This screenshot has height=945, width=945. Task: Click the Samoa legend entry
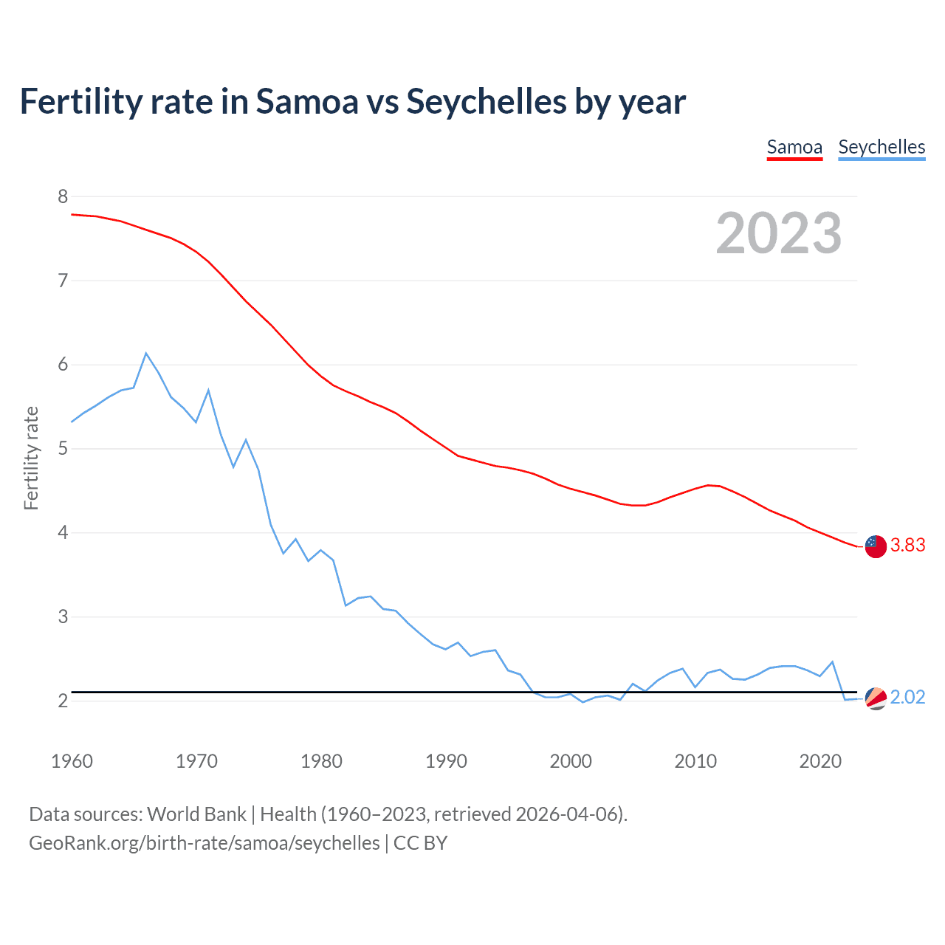(x=794, y=147)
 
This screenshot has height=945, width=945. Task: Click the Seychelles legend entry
(x=882, y=147)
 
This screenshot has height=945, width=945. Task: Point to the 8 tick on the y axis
(x=63, y=196)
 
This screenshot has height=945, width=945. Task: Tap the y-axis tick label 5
(x=63, y=448)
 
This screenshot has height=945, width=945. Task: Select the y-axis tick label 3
(x=63, y=616)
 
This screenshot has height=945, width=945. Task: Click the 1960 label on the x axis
(x=72, y=761)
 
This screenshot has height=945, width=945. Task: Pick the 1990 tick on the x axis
(x=446, y=761)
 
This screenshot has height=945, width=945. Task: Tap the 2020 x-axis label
(x=820, y=761)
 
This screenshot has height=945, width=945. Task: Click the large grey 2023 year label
(x=779, y=233)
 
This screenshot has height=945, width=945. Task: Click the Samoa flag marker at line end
(x=876, y=546)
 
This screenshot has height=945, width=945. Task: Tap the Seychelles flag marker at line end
(x=876, y=698)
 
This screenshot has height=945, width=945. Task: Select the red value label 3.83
(x=907, y=546)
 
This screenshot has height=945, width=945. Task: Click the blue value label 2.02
(x=907, y=698)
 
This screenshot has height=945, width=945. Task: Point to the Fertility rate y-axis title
(x=31, y=458)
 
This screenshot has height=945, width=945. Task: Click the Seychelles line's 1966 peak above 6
(x=146, y=354)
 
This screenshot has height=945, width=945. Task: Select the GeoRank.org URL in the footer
(x=204, y=843)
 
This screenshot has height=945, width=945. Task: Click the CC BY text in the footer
(x=421, y=843)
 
